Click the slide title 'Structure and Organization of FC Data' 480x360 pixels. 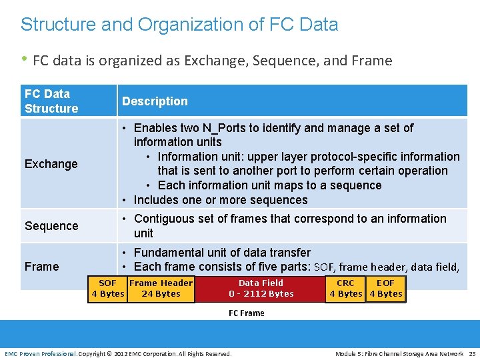pos(179,25)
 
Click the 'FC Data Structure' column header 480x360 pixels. pos(51,101)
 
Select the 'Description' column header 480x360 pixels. pos(155,101)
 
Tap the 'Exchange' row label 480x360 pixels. pos(51,164)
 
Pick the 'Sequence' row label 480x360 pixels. pos(51,226)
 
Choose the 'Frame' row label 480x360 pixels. pos(42,267)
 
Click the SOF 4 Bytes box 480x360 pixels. pos(108,288)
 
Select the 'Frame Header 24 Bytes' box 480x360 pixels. pos(161,288)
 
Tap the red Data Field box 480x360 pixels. pos(261,288)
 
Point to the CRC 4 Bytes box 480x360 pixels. pos(345,288)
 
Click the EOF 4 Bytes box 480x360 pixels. pos(385,288)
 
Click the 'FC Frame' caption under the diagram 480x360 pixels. pos(247,313)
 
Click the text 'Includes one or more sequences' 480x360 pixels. pos(221,200)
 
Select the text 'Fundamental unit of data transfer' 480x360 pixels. pos(222,253)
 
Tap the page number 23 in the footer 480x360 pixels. pos(471,353)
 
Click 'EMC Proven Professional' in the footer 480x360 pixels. pos(41,353)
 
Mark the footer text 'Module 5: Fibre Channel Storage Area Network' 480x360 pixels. pos(399,353)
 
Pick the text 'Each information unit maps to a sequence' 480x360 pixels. pos(269,185)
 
